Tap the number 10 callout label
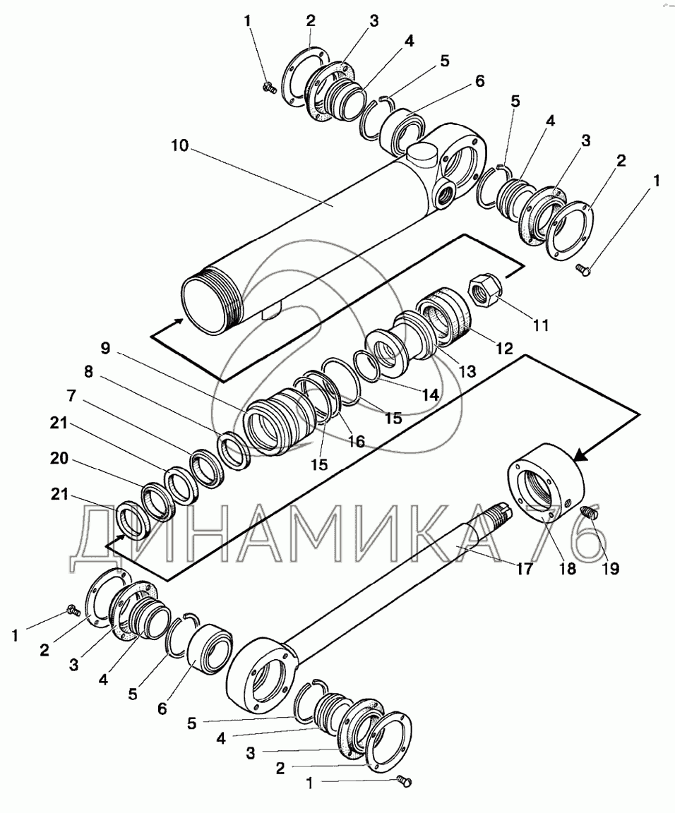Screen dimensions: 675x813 coord(179,145)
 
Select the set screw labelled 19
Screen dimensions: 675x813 coord(589,513)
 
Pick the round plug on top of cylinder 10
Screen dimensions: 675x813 coord(419,155)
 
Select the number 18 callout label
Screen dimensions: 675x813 coord(568,569)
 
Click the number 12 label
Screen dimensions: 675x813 coord(504,348)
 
